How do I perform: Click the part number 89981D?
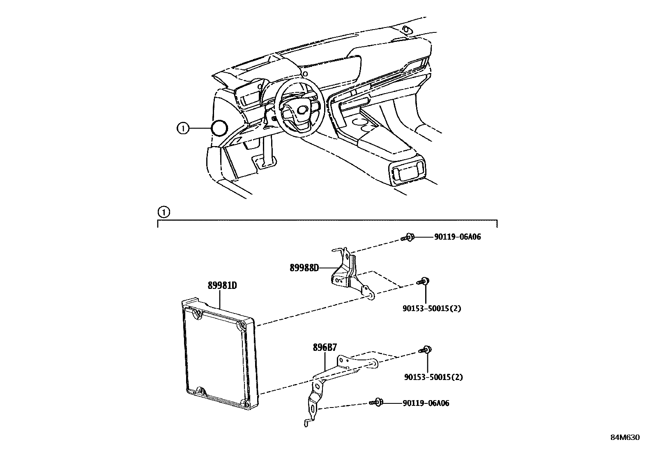[x=222, y=286]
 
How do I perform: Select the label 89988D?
[x=304, y=268]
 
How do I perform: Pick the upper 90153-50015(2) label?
[x=432, y=308]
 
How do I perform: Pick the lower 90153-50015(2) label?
[x=433, y=377]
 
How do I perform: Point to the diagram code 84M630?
[x=624, y=437]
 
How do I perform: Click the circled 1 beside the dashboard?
[x=182, y=128]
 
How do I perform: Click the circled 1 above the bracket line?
[x=163, y=212]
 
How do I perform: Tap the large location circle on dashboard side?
[x=219, y=128]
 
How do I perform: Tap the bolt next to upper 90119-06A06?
[x=408, y=237]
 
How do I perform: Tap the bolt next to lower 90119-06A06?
[x=376, y=403]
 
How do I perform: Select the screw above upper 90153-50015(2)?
[x=424, y=281]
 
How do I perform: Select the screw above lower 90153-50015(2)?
[x=426, y=350]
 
